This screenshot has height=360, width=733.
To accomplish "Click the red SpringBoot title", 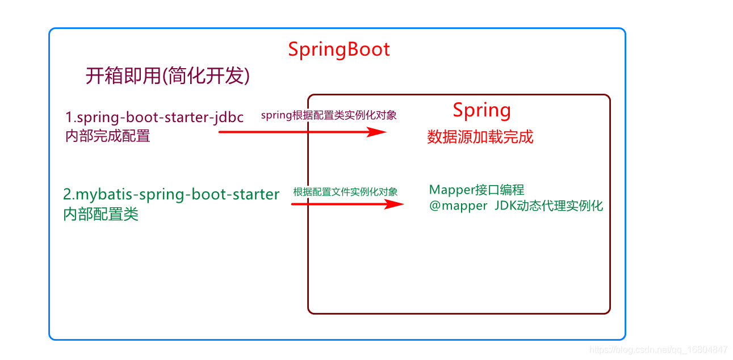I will coord(339,49).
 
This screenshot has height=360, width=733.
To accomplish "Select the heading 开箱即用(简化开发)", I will coord(167,76).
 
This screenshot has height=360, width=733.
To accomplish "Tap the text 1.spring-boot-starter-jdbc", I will coord(154,118).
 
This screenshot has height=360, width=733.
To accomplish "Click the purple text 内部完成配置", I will coord(108,136).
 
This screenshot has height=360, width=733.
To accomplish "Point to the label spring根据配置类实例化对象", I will coord(329,115).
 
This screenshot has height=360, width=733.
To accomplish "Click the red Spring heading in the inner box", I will coord(481,110).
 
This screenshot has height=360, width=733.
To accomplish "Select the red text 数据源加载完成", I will coord(480,137).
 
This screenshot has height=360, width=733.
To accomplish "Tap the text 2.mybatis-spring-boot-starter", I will coord(171,195).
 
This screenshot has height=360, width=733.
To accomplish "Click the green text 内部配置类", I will coord(101,214).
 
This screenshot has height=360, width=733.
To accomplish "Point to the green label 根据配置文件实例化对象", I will coord(345,192).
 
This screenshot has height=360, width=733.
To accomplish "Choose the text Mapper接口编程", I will coord(476,190).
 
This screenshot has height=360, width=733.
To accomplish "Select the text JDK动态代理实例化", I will coord(549,206).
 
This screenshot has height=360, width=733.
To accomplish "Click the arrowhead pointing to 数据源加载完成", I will coord(376,132).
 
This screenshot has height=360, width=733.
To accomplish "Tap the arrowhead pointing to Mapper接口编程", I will coord(394,204).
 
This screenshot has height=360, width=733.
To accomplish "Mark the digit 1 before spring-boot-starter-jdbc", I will coord(69,118).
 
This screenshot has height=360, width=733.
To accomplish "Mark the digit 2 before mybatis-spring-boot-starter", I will coord(67,195).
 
